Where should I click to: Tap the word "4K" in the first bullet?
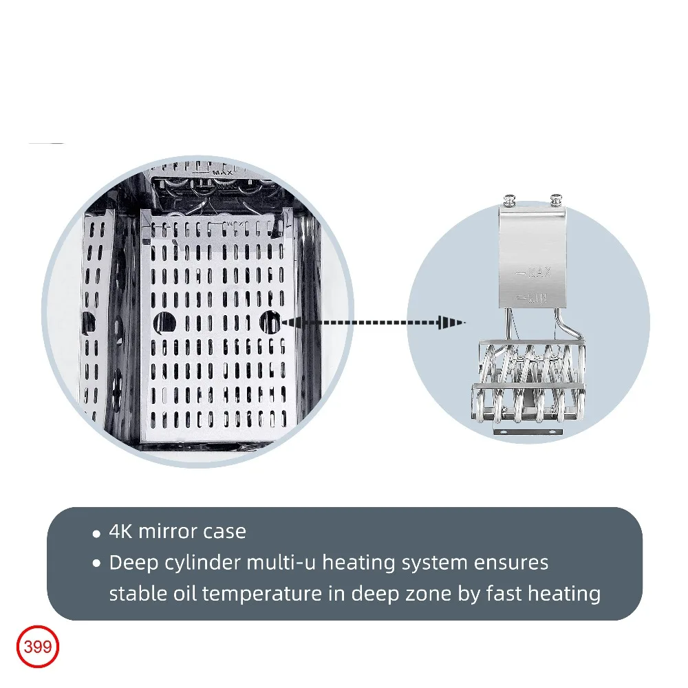122,532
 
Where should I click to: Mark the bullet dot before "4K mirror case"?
98,533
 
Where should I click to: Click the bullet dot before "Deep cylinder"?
98,564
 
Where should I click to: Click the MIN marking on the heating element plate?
535,299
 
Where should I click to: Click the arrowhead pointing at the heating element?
451,321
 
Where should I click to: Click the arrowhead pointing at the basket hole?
288,321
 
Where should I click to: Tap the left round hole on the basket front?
164,321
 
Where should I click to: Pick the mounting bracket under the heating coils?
527,430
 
